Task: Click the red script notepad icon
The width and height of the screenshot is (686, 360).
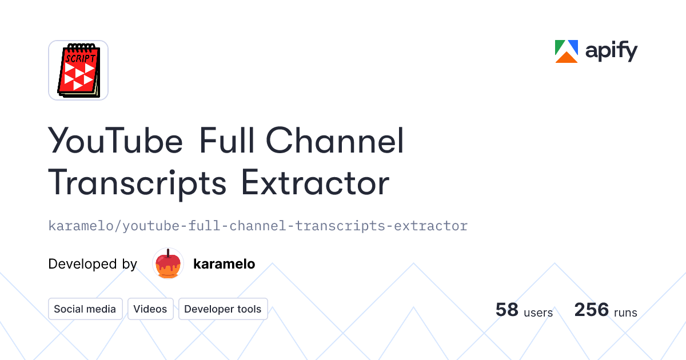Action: click(x=78, y=70)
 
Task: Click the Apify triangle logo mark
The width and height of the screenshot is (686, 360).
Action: click(x=567, y=51)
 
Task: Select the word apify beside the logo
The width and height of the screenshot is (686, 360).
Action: click(x=611, y=52)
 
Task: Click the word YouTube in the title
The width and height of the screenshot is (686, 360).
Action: click(x=115, y=141)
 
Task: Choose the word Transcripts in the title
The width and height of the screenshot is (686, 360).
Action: click(x=137, y=184)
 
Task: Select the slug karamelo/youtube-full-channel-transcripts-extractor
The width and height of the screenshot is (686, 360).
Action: click(x=258, y=226)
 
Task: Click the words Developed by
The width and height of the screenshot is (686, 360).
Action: click(x=93, y=264)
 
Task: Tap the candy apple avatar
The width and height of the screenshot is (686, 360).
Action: click(x=168, y=264)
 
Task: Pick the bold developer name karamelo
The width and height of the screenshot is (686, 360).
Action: click(x=224, y=264)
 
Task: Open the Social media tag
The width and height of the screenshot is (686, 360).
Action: click(x=85, y=309)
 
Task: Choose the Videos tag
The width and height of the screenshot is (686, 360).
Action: click(x=150, y=309)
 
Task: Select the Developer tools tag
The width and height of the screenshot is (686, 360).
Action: click(x=223, y=309)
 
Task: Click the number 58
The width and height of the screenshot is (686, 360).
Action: click(x=507, y=310)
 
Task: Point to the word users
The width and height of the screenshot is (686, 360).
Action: click(x=539, y=313)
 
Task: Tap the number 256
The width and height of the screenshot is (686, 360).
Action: click(x=592, y=310)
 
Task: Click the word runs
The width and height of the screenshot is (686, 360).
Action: click(x=625, y=313)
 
